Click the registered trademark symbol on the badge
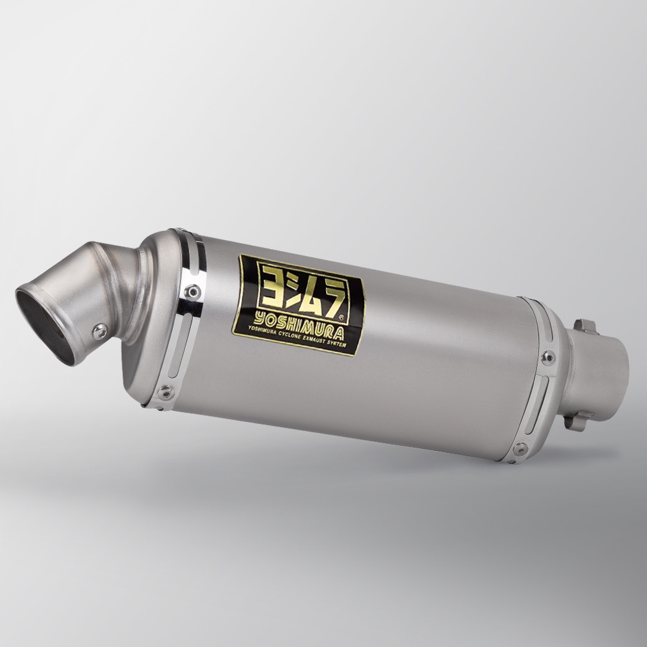point(340,317)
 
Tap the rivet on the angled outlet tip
point(100,331)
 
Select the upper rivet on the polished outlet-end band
point(192,292)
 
